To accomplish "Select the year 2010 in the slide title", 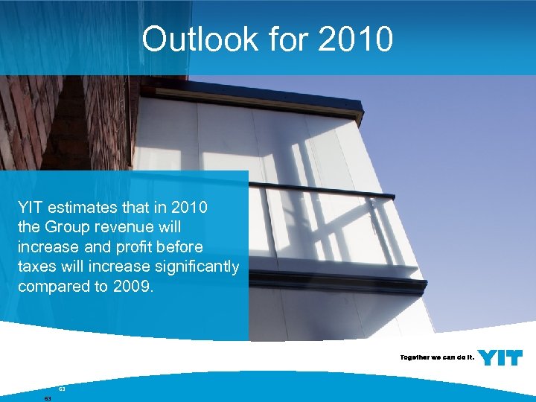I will (x=355, y=39).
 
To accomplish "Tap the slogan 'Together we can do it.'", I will (x=436, y=357).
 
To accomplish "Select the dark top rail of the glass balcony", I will (x=320, y=190).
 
